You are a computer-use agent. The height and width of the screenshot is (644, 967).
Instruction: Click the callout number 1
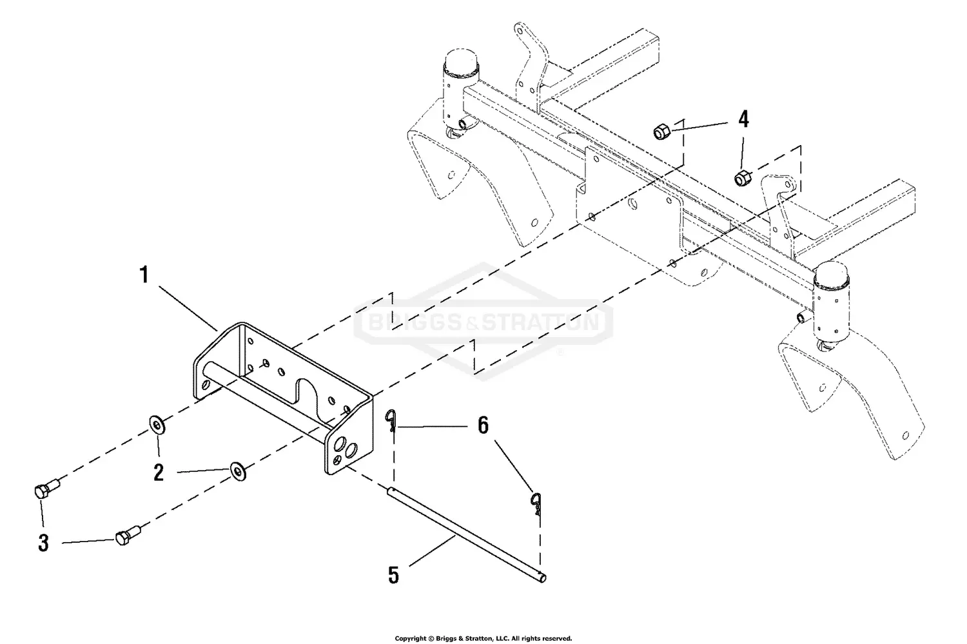click(x=144, y=276)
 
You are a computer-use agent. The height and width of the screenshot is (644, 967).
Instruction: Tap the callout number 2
click(x=159, y=473)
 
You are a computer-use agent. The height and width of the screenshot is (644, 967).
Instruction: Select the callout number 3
click(x=43, y=543)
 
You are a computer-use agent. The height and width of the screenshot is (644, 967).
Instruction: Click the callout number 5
click(x=393, y=575)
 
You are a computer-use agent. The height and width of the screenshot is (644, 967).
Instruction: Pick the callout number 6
click(x=483, y=425)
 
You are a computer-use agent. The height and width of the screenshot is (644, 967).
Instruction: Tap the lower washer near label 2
click(x=239, y=471)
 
